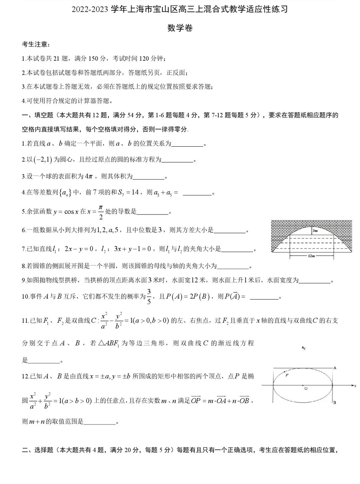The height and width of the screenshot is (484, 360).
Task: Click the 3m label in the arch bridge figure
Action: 315,231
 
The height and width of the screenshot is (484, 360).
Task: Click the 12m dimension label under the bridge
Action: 311,256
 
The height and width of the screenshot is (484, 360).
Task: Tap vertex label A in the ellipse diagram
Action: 335,368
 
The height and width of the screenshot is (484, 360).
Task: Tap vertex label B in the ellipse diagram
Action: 334,403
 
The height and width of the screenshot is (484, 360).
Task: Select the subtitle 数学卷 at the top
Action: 180,28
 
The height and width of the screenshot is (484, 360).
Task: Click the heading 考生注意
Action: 36,44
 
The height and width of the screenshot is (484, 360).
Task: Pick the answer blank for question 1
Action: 187,144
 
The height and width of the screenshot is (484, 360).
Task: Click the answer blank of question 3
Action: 149,177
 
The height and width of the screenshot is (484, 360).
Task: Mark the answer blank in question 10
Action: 264,297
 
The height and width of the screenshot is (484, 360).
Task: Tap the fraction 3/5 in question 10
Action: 149,296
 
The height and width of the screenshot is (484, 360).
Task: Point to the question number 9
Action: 24,281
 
